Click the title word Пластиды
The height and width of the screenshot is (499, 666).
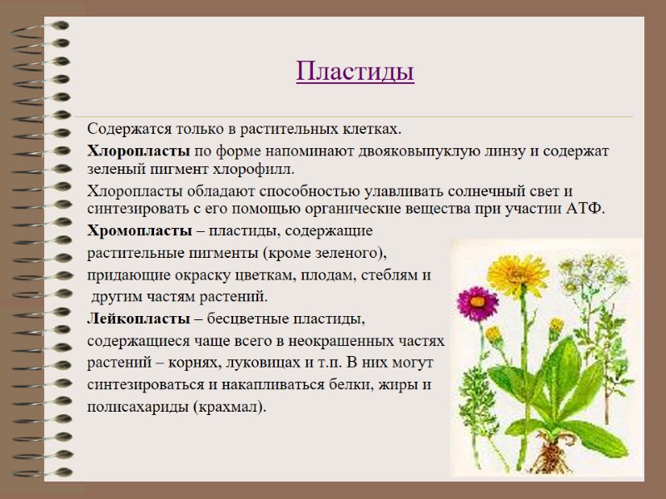point(355,72)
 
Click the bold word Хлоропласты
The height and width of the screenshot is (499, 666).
point(139,151)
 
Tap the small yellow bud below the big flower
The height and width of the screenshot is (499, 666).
point(493,334)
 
